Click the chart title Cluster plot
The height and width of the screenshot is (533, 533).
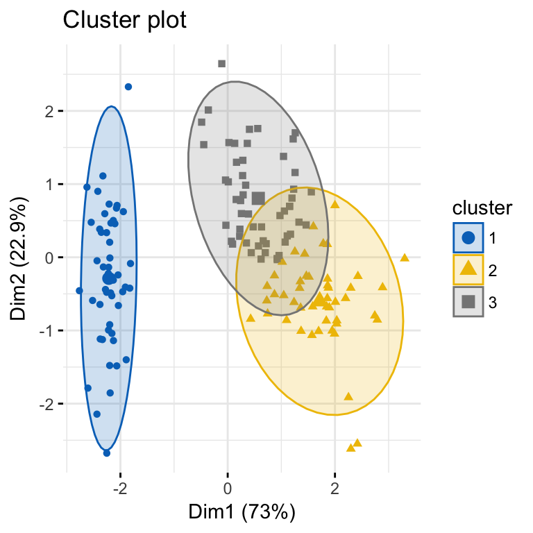tap(125, 21)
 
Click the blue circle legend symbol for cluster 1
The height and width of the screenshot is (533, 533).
tap(468, 237)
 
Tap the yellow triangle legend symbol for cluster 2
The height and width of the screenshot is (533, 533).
tap(468, 269)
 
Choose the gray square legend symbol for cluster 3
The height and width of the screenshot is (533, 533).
tap(468, 301)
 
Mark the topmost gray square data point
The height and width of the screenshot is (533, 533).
tap(222, 64)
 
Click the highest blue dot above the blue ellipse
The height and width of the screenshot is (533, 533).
tap(128, 87)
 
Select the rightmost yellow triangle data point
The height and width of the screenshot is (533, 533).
tap(405, 257)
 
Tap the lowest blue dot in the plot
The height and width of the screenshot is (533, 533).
tap(107, 452)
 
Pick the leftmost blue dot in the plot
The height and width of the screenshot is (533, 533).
tap(79, 291)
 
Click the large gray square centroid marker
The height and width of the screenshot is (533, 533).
tap(258, 198)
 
